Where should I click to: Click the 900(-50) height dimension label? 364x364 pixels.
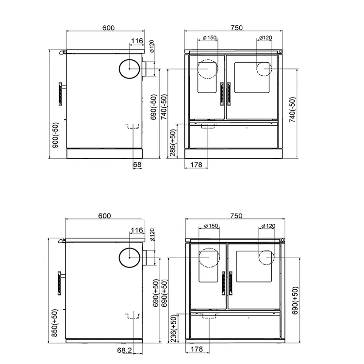pos(56,135)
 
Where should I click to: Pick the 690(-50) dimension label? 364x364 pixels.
pos(154,108)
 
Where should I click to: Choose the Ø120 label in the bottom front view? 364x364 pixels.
pos(267,226)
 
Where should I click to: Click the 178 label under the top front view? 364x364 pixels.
pos(196,165)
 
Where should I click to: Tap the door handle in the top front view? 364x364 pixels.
pos(223,93)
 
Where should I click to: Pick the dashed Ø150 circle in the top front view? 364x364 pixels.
pos(208,69)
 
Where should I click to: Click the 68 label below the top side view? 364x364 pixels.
pos(137,165)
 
